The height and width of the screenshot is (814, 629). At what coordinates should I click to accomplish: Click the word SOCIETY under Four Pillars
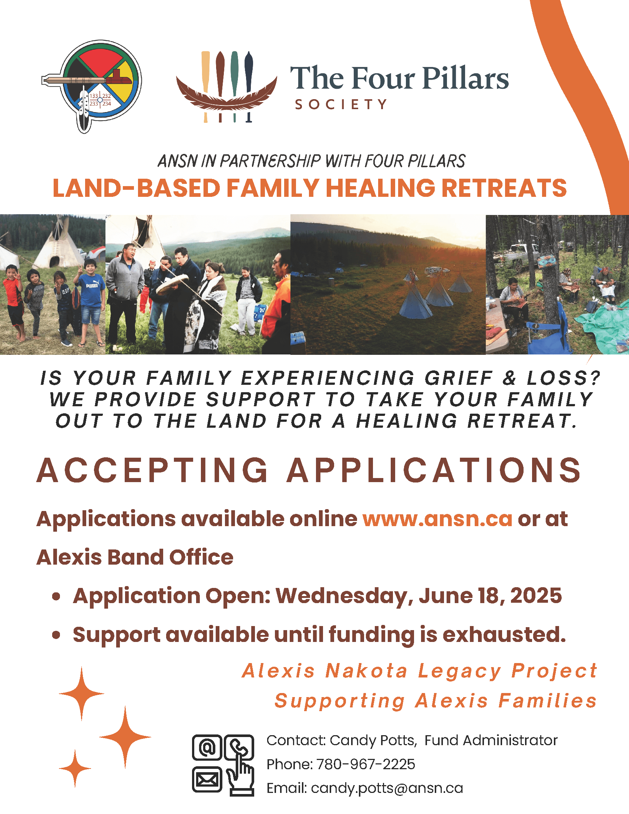click(341, 104)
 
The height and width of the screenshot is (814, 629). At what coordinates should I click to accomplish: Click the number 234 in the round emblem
click(107, 104)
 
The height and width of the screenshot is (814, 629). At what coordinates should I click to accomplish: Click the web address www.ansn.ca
click(437, 519)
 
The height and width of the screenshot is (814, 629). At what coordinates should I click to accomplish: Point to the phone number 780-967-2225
click(366, 764)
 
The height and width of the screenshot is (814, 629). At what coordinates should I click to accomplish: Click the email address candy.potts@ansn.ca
click(387, 788)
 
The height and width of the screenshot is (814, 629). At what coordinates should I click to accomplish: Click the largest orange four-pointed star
click(125, 737)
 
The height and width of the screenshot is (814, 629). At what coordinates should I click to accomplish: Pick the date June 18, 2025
click(490, 596)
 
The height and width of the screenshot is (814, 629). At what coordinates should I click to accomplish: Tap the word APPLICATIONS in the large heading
click(434, 470)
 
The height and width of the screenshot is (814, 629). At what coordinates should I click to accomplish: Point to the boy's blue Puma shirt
click(91, 290)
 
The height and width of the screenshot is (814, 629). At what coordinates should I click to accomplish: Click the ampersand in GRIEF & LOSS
click(509, 378)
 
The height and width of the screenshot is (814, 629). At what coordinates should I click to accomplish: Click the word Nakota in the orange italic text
click(367, 671)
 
